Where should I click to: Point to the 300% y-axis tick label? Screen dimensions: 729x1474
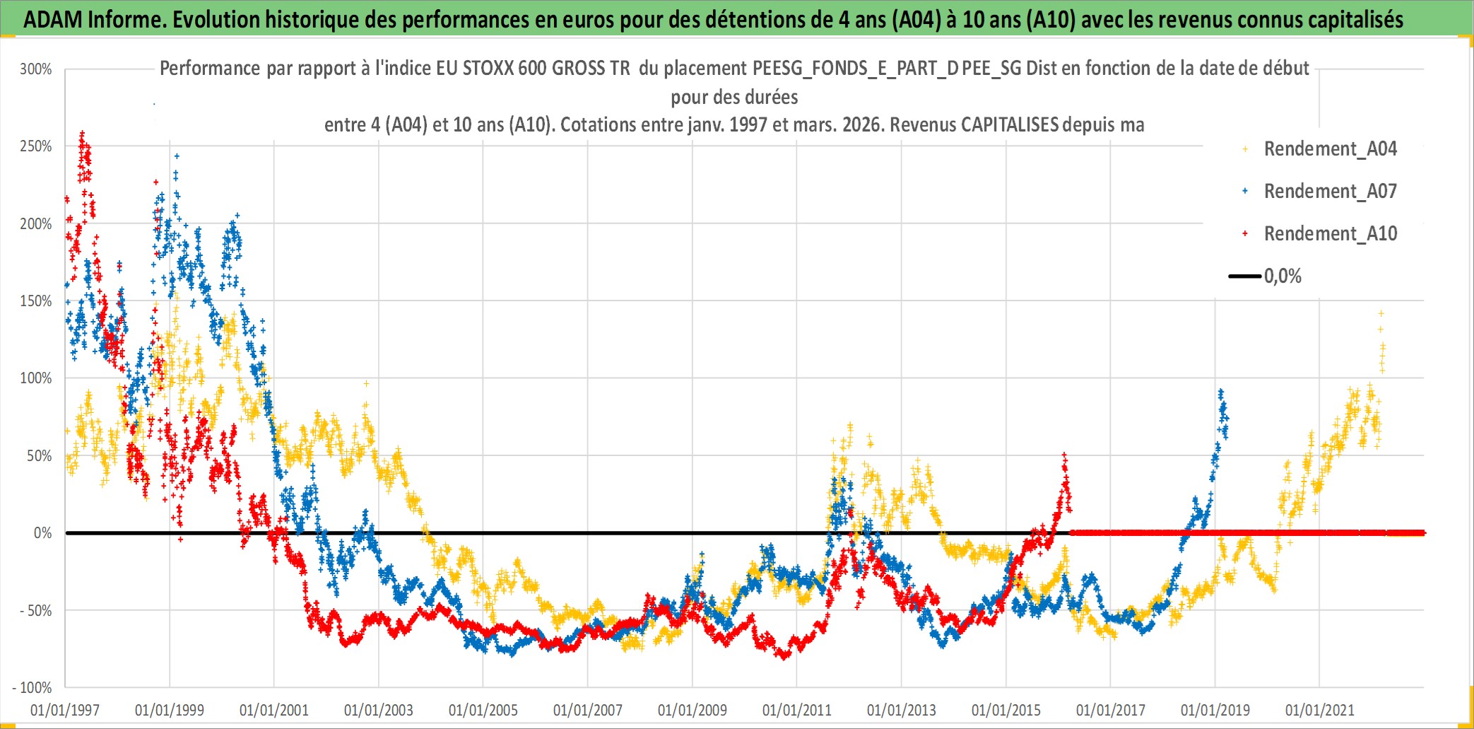pyautogui.click(x=36, y=69)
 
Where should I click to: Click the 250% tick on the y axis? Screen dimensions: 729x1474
pyautogui.click(x=36, y=146)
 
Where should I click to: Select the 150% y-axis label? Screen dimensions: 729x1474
pyautogui.click(x=36, y=301)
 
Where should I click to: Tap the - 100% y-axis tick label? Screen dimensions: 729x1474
pyautogui.click(x=33, y=687)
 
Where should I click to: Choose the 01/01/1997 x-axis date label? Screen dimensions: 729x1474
pyautogui.click(x=65, y=710)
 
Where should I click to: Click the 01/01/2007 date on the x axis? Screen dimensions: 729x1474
pyautogui.click(x=588, y=710)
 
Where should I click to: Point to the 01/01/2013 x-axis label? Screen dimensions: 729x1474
pyautogui.click(x=902, y=710)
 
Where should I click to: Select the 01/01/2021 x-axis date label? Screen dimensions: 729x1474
pyautogui.click(x=1320, y=710)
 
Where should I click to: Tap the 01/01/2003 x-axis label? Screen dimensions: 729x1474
pyautogui.click(x=379, y=710)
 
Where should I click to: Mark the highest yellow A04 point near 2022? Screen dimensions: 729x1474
pyautogui.click(x=1381, y=313)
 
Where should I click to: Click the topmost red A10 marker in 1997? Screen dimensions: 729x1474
pyautogui.click(x=83, y=132)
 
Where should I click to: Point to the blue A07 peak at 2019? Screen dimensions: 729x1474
pyautogui.click(x=1220, y=391)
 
